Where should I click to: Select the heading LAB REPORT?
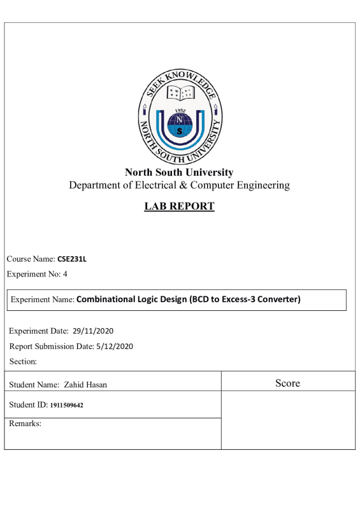[x=179, y=206]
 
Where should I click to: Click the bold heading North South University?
[x=179, y=173]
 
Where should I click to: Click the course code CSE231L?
[x=71, y=259]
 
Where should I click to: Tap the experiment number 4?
[x=64, y=274]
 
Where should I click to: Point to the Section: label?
[x=24, y=362]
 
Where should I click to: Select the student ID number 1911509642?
[x=67, y=405]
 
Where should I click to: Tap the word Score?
[x=287, y=384]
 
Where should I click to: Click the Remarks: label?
[x=25, y=423]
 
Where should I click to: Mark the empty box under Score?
[x=287, y=420]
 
